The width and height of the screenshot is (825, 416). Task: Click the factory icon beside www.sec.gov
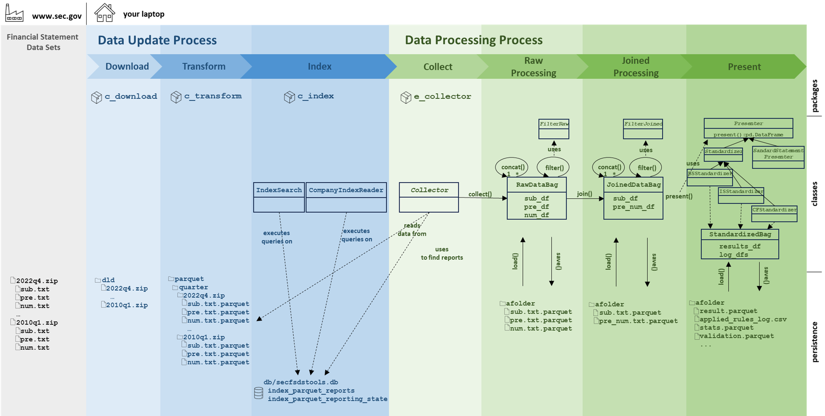tap(14, 13)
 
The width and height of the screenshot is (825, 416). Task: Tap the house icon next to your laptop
tap(104, 12)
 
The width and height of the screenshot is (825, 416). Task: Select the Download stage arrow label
tap(127, 66)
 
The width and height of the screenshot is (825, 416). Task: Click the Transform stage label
tap(204, 66)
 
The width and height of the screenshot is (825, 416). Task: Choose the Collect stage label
tap(438, 67)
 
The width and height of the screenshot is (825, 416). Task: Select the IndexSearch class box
tap(279, 197)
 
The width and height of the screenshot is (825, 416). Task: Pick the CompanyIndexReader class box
tap(346, 197)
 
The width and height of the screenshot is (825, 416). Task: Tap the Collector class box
tap(429, 197)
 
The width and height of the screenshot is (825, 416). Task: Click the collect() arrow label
tap(480, 194)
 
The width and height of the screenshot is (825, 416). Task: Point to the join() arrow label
tap(584, 194)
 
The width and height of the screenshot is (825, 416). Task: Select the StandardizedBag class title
tap(740, 234)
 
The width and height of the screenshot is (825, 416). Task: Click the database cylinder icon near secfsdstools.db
tap(258, 393)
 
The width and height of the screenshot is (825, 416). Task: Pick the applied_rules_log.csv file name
tap(743, 319)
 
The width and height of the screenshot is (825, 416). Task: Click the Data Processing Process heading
tap(474, 40)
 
